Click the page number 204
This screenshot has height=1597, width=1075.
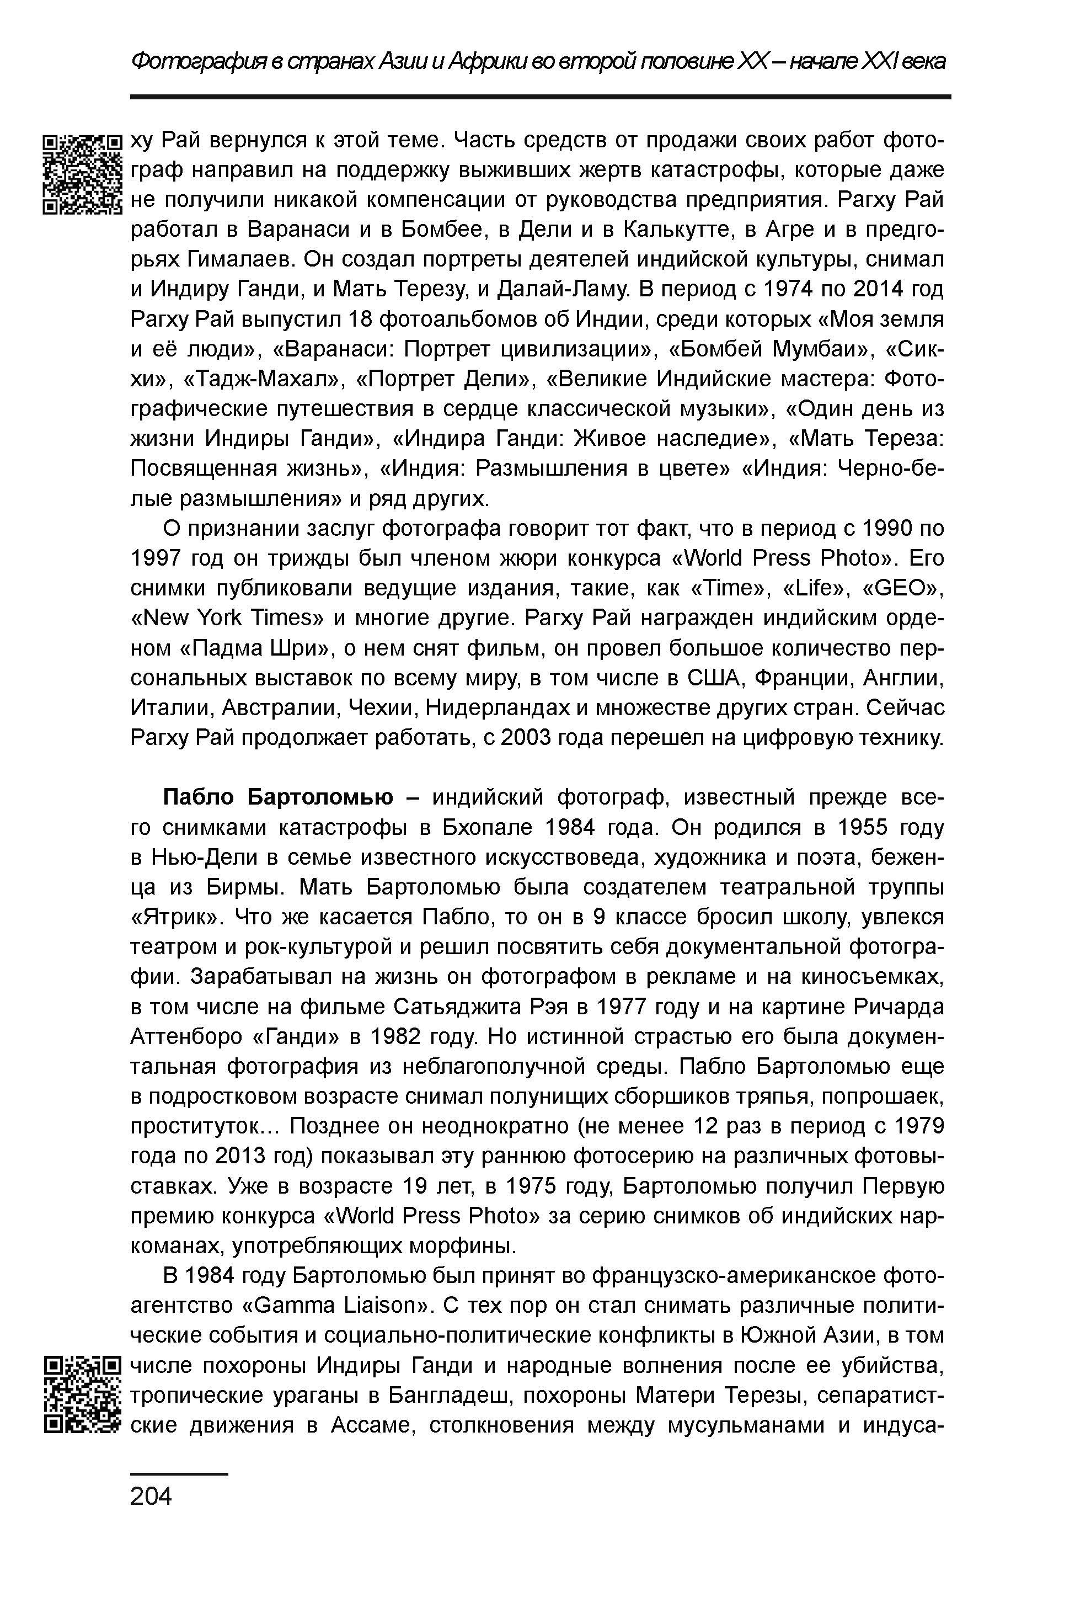click(151, 1496)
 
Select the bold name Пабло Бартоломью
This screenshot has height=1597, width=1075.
click(277, 797)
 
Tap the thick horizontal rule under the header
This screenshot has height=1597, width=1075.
click(540, 97)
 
